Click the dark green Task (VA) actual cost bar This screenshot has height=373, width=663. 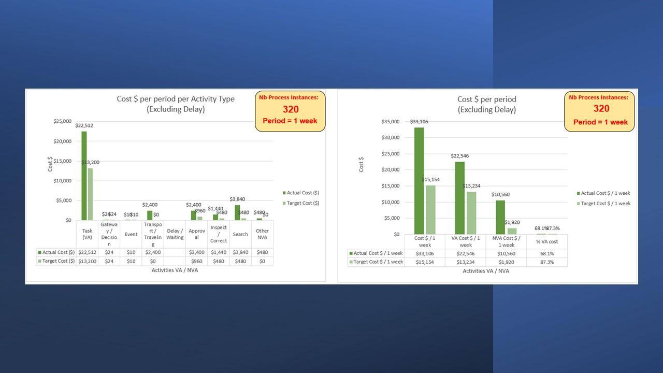[x=84, y=176]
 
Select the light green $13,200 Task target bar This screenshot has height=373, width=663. [x=90, y=194]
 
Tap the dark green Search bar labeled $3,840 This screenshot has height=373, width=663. [x=237, y=213]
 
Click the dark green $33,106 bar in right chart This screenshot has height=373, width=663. [x=419, y=181]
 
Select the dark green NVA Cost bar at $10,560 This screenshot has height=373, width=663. [x=500, y=217]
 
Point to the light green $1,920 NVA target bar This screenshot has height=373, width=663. [x=512, y=231]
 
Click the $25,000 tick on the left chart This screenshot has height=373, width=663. [x=62, y=121]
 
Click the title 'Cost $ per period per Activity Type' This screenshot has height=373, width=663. [x=175, y=99]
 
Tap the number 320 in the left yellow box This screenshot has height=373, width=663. [x=290, y=109]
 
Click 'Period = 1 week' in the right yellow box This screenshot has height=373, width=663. [x=600, y=122]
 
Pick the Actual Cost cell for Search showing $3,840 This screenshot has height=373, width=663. [x=240, y=252]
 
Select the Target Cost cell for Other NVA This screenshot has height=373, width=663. [x=262, y=262]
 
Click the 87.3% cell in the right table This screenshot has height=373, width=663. [x=547, y=262]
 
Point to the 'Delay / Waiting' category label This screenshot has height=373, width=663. [x=175, y=234]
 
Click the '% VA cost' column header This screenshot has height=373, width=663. [x=547, y=241]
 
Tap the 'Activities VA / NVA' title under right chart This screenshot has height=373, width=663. [x=486, y=271]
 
